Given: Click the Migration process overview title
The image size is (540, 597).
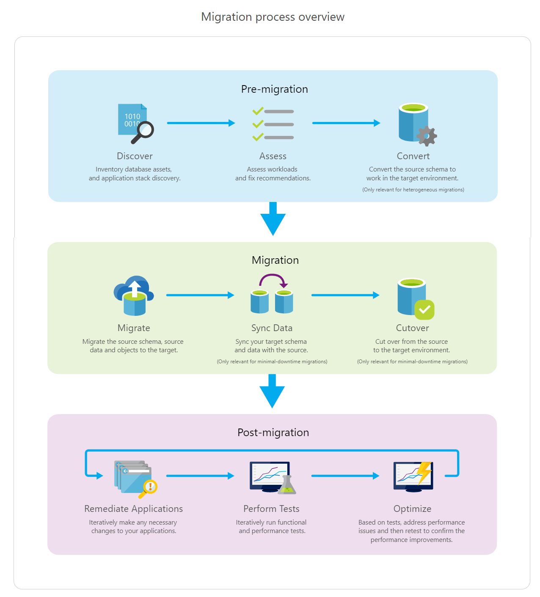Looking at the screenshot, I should pos(273,17).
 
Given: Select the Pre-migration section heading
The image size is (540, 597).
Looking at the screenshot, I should pos(274,89).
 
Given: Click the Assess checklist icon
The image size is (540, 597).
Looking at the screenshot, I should pos(273,124).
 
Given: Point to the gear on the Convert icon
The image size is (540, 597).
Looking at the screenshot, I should pos(427,136).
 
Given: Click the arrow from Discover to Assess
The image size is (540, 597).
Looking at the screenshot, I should pos(201,123).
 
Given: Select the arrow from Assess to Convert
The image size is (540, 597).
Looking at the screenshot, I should pos(346,123).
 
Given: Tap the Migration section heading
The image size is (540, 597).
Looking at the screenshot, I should pos(275,260).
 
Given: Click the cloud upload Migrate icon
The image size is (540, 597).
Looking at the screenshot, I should pos(134,296).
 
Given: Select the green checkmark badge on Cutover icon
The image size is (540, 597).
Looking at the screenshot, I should pos(424,310).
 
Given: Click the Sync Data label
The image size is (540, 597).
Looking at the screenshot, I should pos(272,328).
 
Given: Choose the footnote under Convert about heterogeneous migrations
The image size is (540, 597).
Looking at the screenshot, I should pos(413,190).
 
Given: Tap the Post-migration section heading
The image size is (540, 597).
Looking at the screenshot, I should pos(273,433).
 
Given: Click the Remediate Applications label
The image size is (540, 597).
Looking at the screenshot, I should pos(133,509).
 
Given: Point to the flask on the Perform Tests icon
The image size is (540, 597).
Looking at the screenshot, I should pos(287,486).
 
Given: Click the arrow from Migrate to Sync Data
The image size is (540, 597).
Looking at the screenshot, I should pos(200,295).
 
